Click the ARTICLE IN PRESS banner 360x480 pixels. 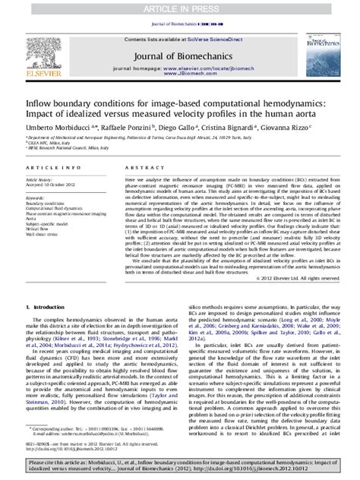(x=180, y=8)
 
